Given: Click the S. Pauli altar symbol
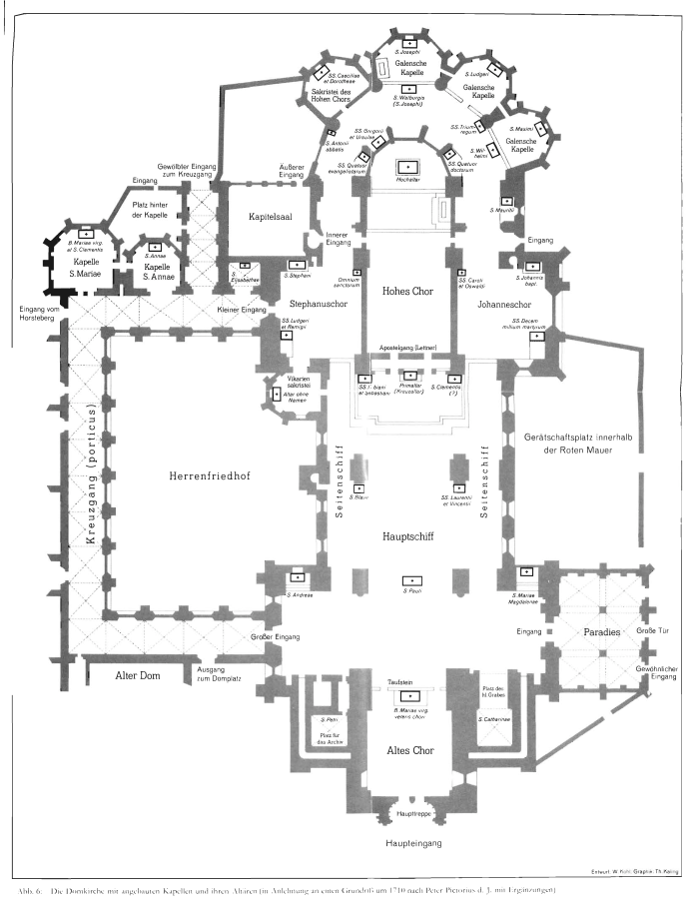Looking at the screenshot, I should [x=409, y=580].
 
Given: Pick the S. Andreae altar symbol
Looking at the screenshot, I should [x=297, y=577].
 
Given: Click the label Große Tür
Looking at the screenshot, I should [x=651, y=632].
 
